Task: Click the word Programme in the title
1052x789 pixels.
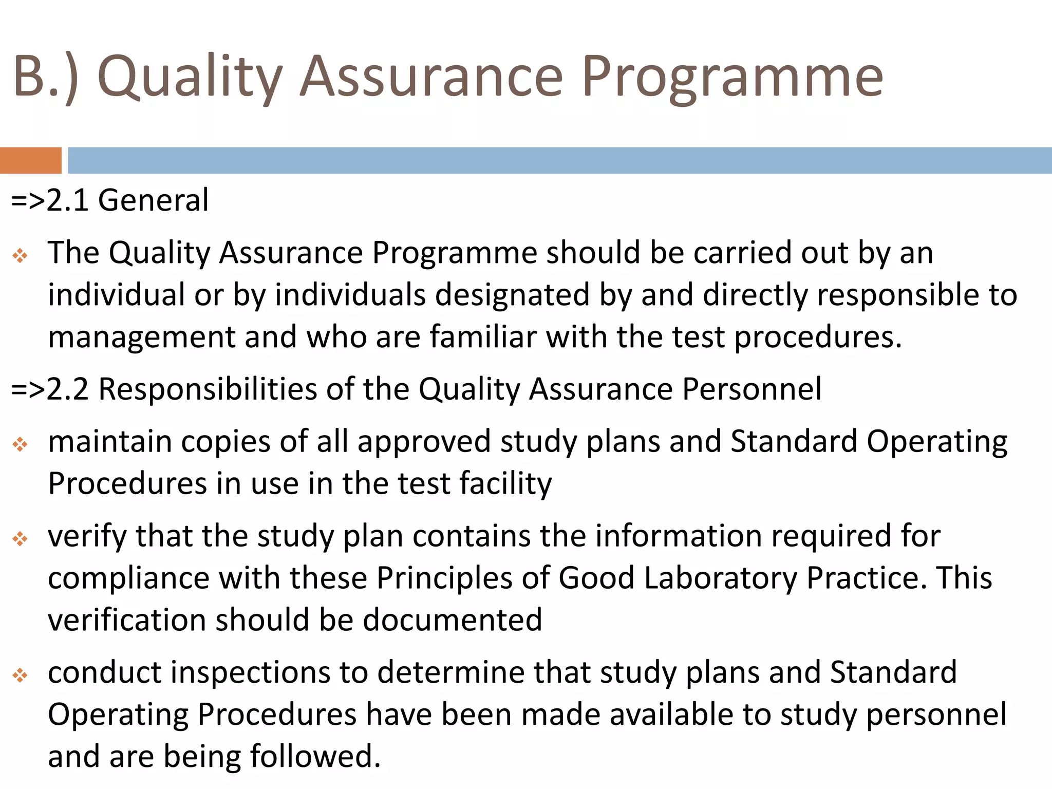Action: point(732,77)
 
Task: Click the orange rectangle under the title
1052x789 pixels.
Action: point(30,160)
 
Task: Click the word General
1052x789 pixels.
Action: point(153,200)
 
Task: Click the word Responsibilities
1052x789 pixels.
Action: point(208,389)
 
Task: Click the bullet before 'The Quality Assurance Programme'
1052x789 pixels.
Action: point(20,255)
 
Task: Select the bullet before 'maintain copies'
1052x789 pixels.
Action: point(20,444)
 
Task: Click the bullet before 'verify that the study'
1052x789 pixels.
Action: point(20,539)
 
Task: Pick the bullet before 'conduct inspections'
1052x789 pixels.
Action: point(20,675)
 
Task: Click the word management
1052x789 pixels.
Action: point(141,338)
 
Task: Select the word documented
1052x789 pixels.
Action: point(452,620)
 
